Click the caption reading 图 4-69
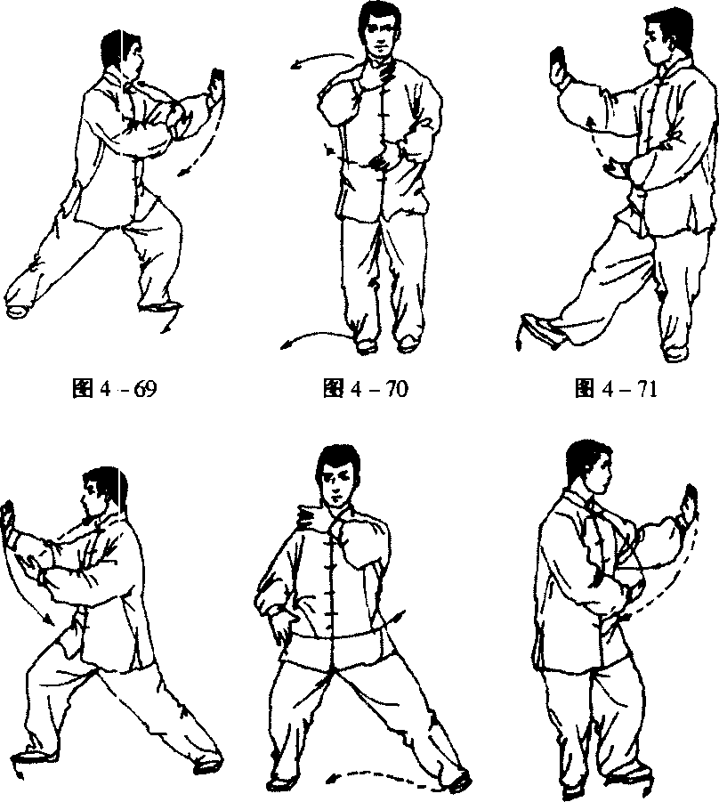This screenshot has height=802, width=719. [115, 389]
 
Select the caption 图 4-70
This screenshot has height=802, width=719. [366, 389]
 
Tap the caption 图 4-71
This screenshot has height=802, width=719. [616, 389]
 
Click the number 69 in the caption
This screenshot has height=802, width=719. [145, 389]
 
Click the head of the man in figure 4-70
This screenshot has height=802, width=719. [379, 30]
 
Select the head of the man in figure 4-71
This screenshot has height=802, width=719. [658, 36]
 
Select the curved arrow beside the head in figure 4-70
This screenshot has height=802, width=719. [323, 58]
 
